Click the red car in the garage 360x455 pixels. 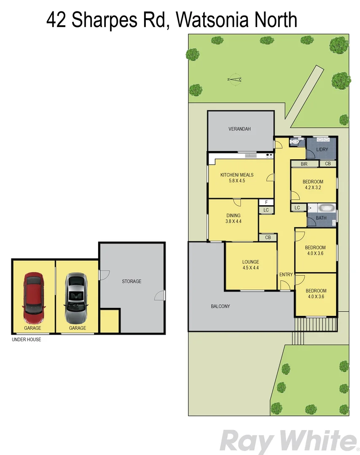pyautogui.click(x=34, y=297)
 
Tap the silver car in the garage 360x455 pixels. pyautogui.click(x=76, y=297)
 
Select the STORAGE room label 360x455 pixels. pyautogui.click(x=132, y=281)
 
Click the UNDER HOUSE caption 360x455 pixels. pyautogui.click(x=27, y=340)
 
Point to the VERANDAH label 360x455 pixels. pyautogui.click(x=239, y=129)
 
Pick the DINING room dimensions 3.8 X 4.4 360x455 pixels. pyautogui.click(x=233, y=221)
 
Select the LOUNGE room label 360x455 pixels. pyautogui.click(x=250, y=262)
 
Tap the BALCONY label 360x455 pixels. pyautogui.click(x=220, y=306)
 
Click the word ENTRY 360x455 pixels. pyautogui.click(x=286, y=275)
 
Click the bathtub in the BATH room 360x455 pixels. pyautogui.click(x=326, y=208)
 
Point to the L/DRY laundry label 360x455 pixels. pyautogui.click(x=322, y=150)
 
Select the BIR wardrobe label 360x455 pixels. pyautogui.click(x=304, y=164)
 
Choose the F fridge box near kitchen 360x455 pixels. pyautogui.click(x=266, y=202)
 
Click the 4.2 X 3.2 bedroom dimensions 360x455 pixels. pyautogui.click(x=313, y=187)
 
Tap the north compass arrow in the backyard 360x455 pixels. pyautogui.click(x=234, y=79)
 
